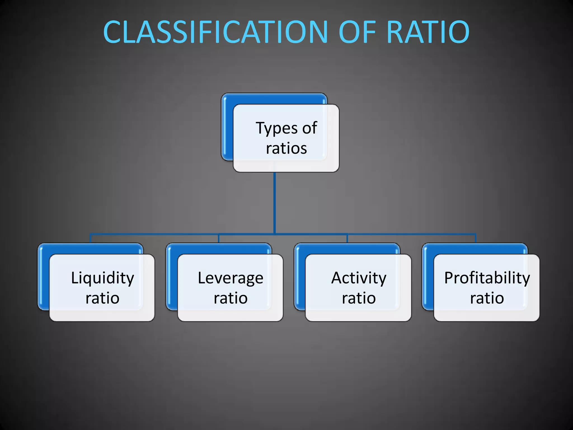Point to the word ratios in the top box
286,148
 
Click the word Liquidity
102,278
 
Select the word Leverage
231,278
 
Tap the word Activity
359,278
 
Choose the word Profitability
487,278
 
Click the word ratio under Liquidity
102,298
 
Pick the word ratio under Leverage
231,298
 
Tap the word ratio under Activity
359,298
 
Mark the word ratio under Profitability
487,298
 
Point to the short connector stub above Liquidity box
90,238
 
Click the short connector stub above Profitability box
475,238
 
